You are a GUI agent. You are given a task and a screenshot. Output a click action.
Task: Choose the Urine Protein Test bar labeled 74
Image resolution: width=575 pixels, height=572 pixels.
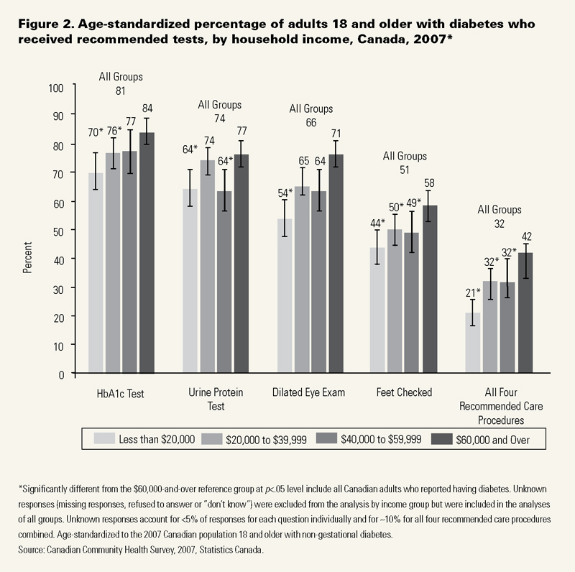click(207, 267)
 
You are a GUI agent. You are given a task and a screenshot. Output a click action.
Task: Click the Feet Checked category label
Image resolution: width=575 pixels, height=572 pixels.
click(404, 392)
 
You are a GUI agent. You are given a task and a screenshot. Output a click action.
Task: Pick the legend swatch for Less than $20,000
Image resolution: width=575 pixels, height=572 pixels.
click(107, 438)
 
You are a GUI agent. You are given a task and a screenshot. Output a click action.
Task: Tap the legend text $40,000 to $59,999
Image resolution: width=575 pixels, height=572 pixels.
click(385, 438)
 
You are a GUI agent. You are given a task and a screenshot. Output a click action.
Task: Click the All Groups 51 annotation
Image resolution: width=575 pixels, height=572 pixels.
click(405, 163)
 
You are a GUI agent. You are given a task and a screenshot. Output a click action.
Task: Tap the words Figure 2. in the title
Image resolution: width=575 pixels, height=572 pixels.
click(43, 24)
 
